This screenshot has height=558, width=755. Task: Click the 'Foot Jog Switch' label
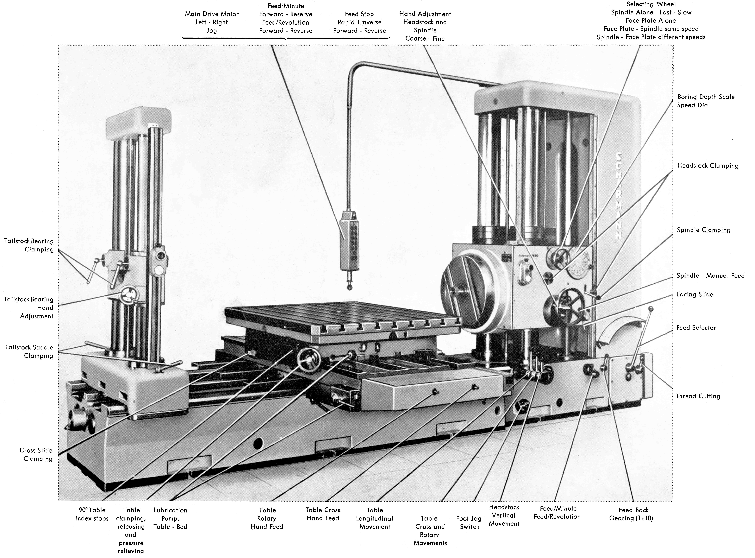click(x=469, y=523)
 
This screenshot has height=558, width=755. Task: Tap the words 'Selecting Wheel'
click(x=651, y=4)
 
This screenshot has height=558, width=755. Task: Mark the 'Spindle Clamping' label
click(x=703, y=230)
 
